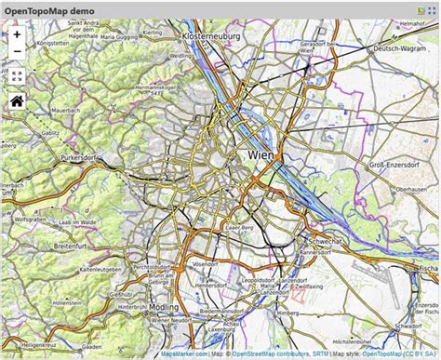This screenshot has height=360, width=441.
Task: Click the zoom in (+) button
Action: point(17,33)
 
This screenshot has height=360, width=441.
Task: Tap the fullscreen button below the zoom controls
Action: point(17,76)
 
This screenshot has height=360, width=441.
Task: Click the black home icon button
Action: point(17,101)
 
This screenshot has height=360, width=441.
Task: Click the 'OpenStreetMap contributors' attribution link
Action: point(270,354)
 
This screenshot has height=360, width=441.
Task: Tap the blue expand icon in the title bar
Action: point(431,8)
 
